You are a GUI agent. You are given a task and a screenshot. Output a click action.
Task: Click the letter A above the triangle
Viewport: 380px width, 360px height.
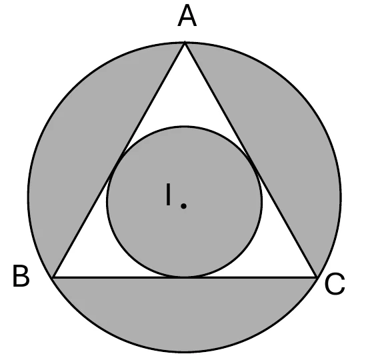tap(187, 16)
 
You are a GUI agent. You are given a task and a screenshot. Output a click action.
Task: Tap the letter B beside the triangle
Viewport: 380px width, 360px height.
tap(21, 276)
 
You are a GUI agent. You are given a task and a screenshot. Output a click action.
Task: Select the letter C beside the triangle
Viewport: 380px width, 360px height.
tap(335, 284)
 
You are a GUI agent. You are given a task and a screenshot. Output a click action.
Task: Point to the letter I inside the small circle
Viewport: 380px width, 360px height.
tap(169, 195)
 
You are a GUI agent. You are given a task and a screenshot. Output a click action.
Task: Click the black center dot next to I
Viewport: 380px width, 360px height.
tap(184, 206)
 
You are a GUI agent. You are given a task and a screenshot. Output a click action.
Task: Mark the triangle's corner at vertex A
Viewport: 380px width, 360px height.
tap(185, 43)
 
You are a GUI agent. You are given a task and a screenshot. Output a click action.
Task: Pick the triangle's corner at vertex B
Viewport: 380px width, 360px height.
tap(53, 277)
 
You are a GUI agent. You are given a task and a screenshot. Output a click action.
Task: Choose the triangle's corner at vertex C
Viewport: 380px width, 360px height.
tap(317, 277)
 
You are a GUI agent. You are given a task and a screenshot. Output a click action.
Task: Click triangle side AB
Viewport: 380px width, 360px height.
tap(119, 159)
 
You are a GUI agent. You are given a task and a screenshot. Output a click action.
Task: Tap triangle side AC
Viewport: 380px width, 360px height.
tap(251, 159)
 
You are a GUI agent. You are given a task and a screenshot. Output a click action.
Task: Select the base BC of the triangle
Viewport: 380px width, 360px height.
tap(185, 277)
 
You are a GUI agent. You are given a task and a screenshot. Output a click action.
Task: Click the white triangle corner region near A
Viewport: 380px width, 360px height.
tap(185, 97)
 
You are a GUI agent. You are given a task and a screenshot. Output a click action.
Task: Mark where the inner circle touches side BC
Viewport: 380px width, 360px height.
tap(185, 277)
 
